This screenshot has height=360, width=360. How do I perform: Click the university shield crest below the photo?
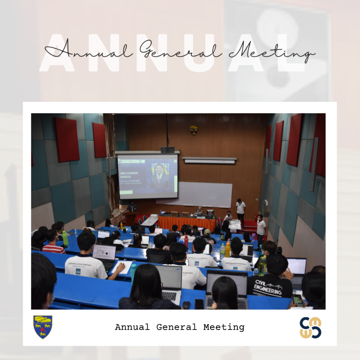[43, 327]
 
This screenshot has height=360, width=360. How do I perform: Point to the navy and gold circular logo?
[310, 328]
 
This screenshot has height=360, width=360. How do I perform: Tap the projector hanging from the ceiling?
[167, 150]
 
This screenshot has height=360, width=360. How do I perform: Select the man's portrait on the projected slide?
[160, 176]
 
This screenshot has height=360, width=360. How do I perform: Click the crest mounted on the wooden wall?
[194, 130]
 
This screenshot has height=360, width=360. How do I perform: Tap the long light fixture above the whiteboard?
[209, 160]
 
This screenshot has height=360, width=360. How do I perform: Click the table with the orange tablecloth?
[187, 222]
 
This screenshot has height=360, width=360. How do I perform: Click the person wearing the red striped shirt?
[53, 242]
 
